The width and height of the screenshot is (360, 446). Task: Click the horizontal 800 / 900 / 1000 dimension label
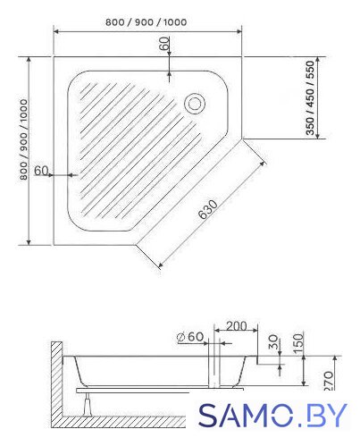pyautogui.click(x=147, y=22)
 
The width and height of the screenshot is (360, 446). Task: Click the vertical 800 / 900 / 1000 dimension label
pyautogui.click(x=23, y=139)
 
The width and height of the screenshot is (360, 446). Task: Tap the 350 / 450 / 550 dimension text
pyautogui.click(x=310, y=97)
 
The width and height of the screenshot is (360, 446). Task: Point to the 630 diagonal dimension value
pyautogui.click(x=208, y=209)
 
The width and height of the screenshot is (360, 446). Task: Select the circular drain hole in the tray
pyautogui.click(x=195, y=104)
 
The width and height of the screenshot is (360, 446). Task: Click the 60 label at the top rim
pyautogui.click(x=164, y=44)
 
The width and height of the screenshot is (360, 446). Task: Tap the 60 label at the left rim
pyautogui.click(x=41, y=171)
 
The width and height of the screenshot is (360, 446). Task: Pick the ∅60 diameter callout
pyautogui.click(x=190, y=337)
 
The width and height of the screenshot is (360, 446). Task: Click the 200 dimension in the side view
pyautogui.click(x=236, y=326)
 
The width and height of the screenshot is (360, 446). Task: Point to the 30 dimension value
pyautogui.click(x=273, y=342)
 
